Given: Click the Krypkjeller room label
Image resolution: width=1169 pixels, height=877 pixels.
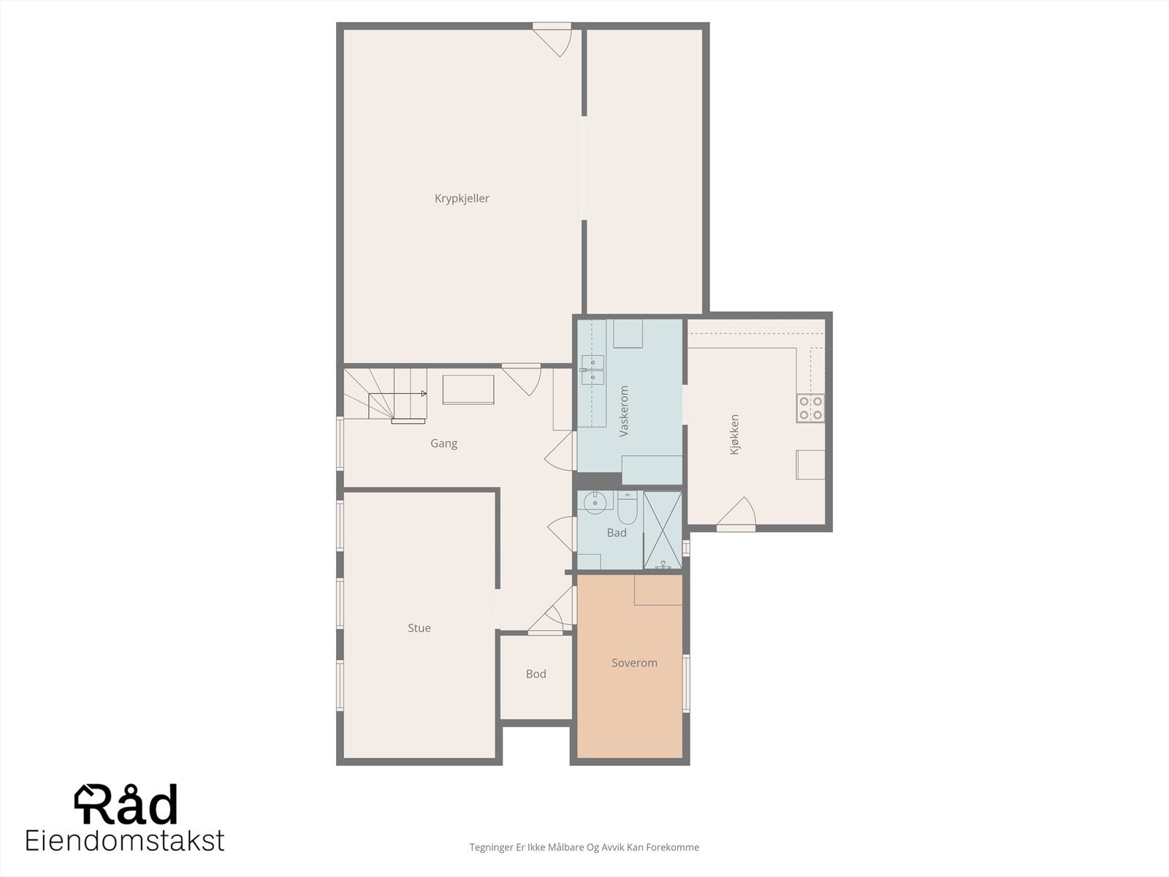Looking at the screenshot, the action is tap(462, 199).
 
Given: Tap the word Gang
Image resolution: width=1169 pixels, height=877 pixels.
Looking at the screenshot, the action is tap(443, 444).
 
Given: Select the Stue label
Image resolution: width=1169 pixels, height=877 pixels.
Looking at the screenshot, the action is tap(419, 628).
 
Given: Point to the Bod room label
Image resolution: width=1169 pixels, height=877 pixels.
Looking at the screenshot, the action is tap(536, 674).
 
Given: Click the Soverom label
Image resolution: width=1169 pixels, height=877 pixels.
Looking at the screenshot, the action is tap(634, 663).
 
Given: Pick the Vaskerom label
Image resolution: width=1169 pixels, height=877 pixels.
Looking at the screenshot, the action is tap(624, 411).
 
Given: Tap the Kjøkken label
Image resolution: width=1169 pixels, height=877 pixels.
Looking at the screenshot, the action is tap(734, 435).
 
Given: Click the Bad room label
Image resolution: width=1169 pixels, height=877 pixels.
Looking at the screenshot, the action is tap(617, 533).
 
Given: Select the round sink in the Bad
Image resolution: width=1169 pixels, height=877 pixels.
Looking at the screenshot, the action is tap(595, 501).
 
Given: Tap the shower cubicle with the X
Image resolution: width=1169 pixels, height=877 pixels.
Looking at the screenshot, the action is tap(663, 530).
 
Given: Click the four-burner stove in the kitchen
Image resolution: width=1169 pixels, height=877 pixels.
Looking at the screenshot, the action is tap(810, 408).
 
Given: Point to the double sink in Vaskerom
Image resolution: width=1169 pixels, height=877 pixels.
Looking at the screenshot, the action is tap(593, 370).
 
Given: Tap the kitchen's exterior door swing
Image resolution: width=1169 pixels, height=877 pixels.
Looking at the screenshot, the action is tap(736, 514).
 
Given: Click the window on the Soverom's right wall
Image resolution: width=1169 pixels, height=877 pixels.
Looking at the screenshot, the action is tap(686, 683).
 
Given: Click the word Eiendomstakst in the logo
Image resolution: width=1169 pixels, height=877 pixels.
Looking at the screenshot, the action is tap(125, 840).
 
